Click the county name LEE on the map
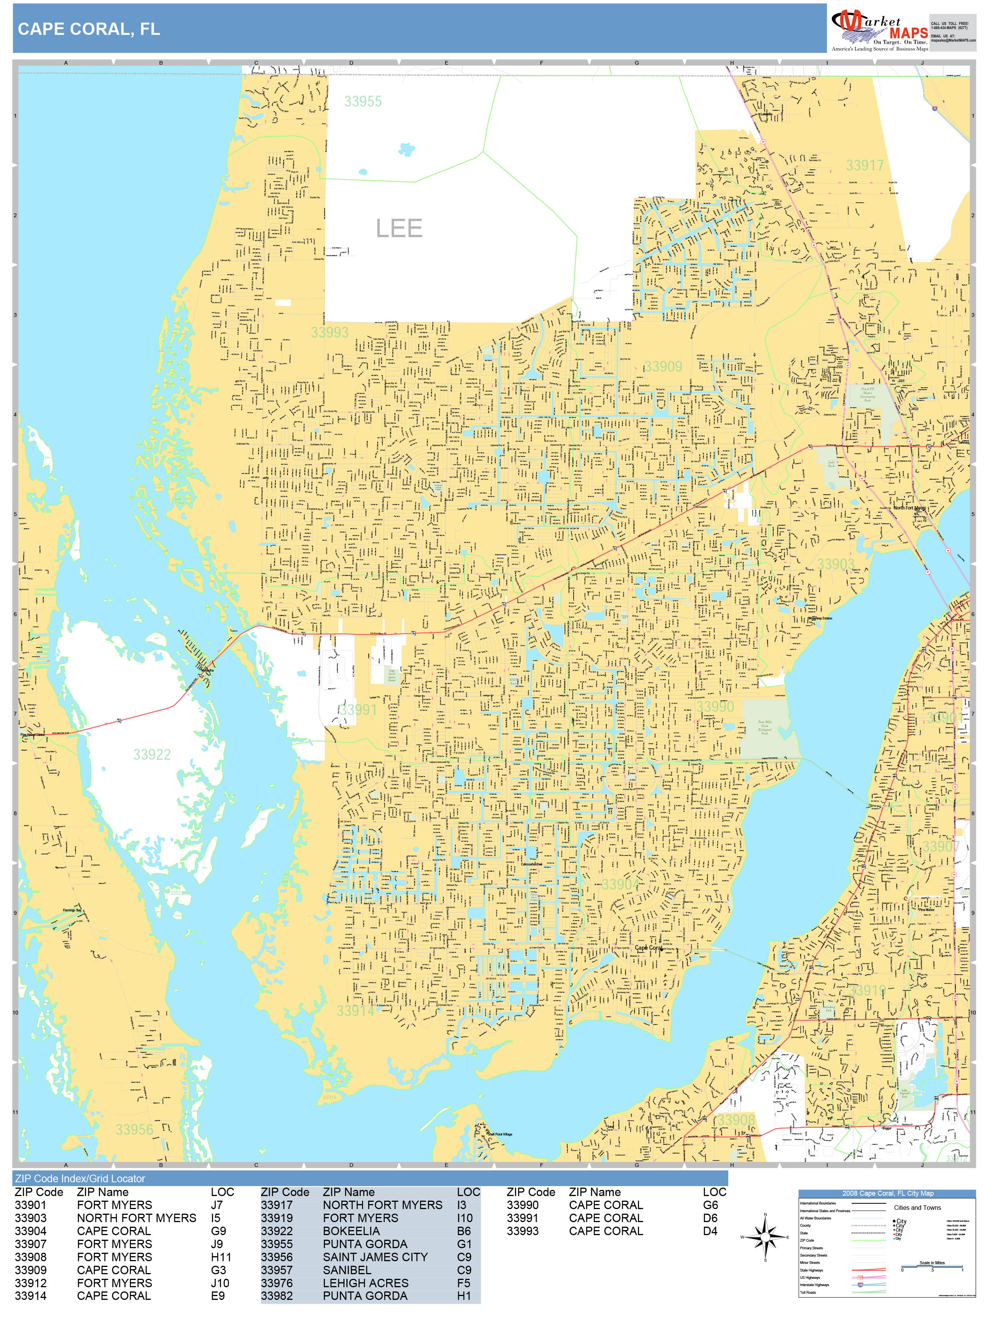[x=399, y=228]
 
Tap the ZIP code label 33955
[x=363, y=101]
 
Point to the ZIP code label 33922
[x=152, y=754]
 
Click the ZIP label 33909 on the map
[x=663, y=366]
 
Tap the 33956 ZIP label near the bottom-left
[x=134, y=1129]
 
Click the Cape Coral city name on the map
[x=648, y=947]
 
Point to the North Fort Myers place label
[x=909, y=508]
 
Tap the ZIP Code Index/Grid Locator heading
[x=80, y=1178]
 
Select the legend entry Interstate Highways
[x=814, y=1285]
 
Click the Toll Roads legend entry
[x=808, y=1292]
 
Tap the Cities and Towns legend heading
[x=917, y=1207]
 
